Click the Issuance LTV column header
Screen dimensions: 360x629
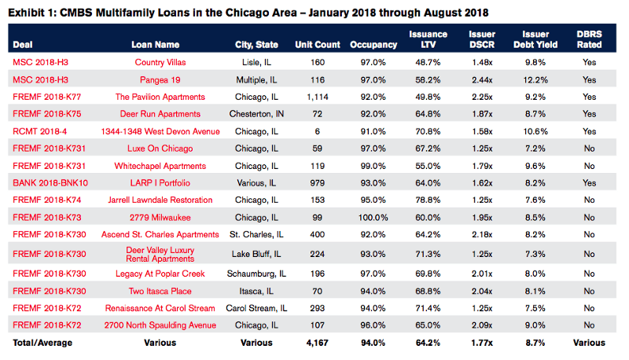tap(429, 40)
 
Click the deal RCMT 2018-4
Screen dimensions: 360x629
tap(39, 132)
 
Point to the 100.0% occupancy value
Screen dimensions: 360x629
tap(367, 217)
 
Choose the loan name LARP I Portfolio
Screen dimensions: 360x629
tap(166, 182)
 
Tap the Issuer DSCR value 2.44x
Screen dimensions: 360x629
tap(481, 79)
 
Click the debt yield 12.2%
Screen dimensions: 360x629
tap(535, 79)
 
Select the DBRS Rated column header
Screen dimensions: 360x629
tap(589, 40)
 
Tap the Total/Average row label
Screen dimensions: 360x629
tap(40, 343)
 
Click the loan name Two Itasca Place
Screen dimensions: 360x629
tap(166, 291)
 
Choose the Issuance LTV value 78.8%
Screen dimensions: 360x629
tap(429, 200)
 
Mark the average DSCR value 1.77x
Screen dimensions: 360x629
tap(481, 343)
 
